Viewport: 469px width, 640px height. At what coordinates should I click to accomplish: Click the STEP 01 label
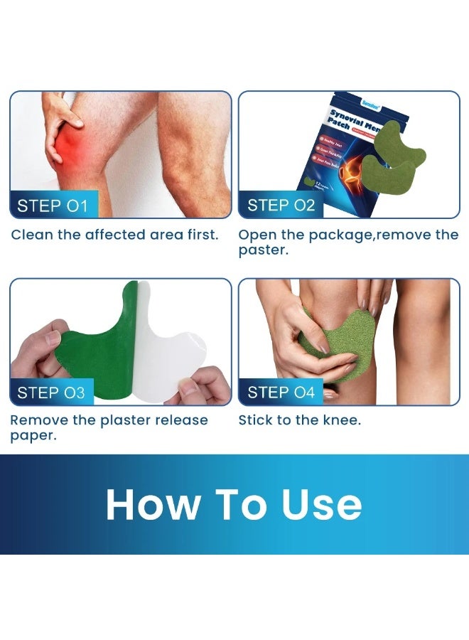(53, 206)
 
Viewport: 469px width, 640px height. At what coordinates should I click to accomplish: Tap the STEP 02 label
(281, 206)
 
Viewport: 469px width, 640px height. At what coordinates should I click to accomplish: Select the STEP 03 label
(53, 393)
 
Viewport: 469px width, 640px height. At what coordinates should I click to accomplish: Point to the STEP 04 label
(281, 393)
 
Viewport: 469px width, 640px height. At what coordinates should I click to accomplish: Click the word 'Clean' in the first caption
(31, 235)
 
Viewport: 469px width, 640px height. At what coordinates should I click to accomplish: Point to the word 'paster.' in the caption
(263, 251)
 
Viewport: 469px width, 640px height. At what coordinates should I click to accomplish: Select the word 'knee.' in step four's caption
(342, 420)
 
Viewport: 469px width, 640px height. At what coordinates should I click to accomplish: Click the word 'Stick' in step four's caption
(257, 420)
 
